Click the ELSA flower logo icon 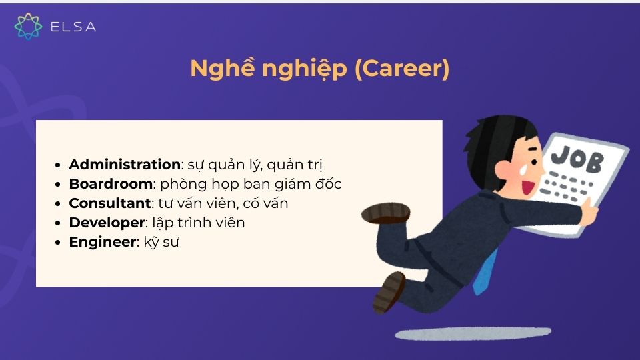point(28,26)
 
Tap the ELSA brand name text point(73,27)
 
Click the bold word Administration point(125,164)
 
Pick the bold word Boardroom point(111,183)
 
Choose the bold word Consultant point(110,203)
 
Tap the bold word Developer point(106,222)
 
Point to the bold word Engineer point(102,241)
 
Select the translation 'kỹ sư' point(161,241)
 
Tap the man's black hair point(503,133)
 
